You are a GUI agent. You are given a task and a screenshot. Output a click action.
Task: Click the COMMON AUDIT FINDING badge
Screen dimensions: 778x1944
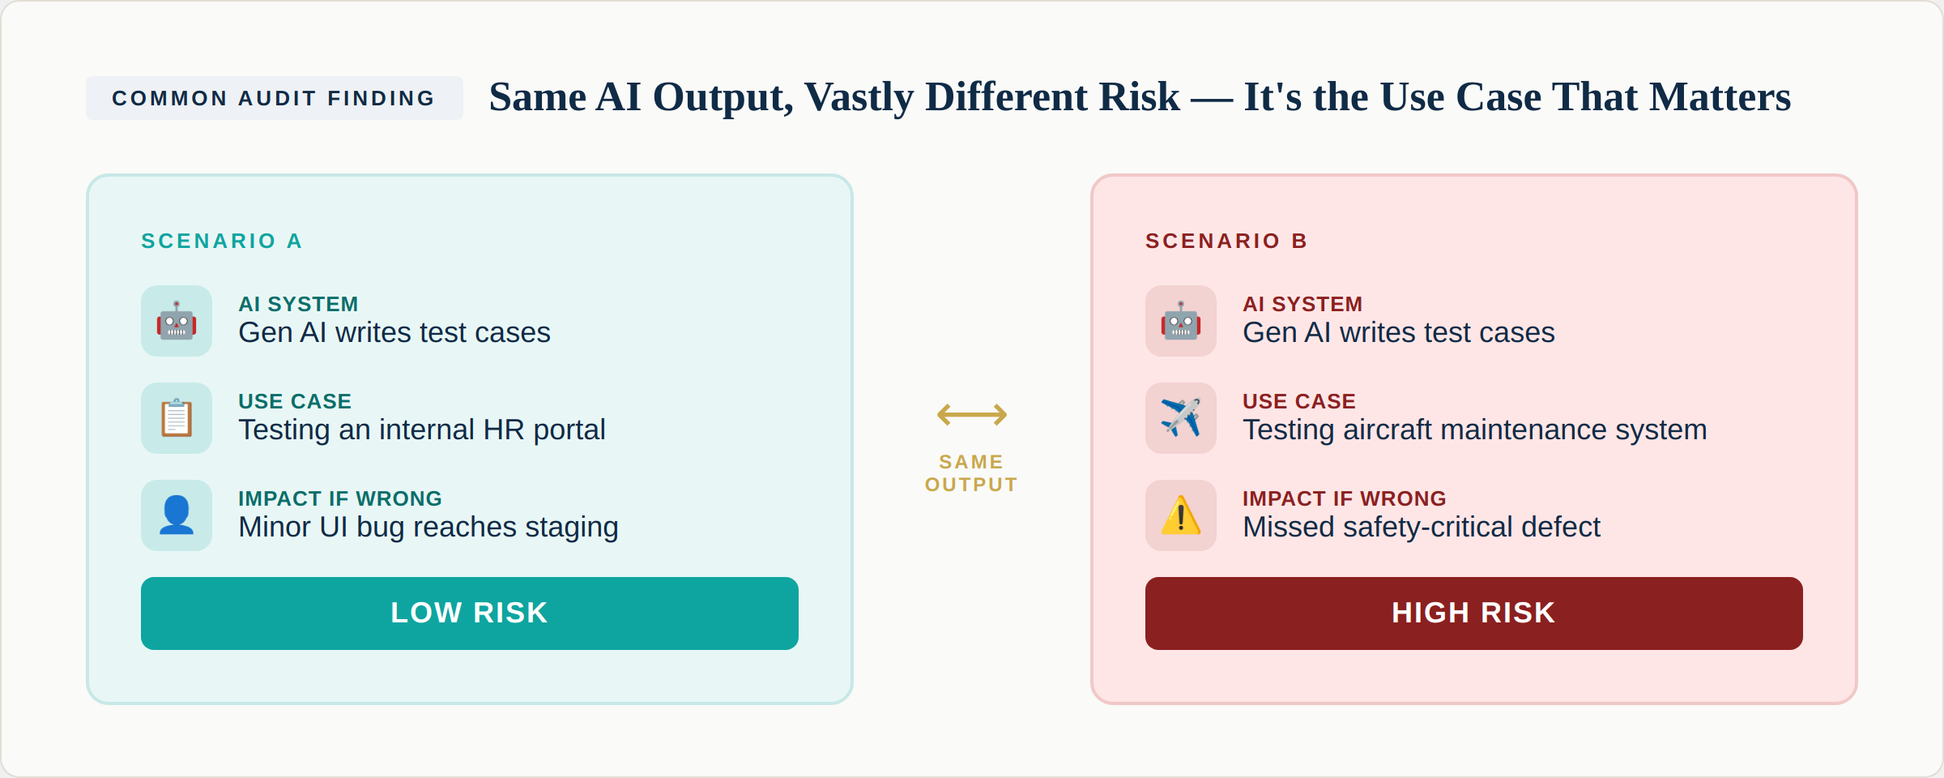pos(274,98)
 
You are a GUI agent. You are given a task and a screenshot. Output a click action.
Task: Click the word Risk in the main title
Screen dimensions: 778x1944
pos(1133,96)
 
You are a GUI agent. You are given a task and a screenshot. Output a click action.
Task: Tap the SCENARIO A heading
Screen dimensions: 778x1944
pos(221,241)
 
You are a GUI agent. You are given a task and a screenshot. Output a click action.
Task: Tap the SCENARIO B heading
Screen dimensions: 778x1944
pos(1226,241)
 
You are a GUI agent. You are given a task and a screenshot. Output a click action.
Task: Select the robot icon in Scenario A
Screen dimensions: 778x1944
pos(177,321)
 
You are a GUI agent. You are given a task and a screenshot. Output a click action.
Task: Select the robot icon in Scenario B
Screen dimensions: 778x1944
pos(1180,321)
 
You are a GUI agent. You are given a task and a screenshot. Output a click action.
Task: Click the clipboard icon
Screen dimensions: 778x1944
pos(177,418)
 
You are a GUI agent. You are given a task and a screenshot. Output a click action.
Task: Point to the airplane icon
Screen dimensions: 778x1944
pos(1180,418)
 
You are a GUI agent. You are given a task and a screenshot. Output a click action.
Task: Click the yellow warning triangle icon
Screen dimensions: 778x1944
pos(1180,515)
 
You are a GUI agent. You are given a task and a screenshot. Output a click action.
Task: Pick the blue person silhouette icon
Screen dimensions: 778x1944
pos(177,515)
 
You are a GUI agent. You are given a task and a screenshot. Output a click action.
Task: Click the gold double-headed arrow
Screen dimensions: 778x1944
pos(971,415)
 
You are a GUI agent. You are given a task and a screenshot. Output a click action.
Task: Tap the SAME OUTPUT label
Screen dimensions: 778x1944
pos(971,473)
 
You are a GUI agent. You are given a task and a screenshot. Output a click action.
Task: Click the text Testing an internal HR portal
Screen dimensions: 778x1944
pos(421,430)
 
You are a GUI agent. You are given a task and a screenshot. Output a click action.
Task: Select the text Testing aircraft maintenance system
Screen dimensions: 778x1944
pos(1474,430)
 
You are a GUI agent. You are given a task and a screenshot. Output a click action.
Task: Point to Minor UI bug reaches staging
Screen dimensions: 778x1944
pos(428,527)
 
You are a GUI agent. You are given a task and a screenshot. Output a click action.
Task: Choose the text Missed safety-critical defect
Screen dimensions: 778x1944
pos(1421,527)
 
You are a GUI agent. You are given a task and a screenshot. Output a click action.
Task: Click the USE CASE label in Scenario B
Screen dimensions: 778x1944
pos(1298,401)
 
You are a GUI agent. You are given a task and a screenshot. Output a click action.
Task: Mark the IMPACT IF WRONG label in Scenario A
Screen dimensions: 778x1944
pos(339,498)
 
